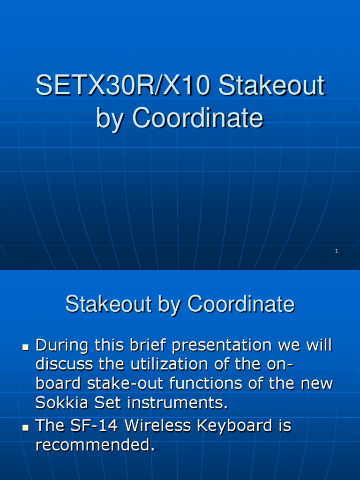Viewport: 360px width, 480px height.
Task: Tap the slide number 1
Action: point(337,251)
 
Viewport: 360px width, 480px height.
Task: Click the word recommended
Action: point(95,445)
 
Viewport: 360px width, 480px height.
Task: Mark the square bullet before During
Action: point(26,347)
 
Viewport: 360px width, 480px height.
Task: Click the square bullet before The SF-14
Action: point(26,427)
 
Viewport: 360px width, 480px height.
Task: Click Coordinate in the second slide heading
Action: point(241,304)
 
